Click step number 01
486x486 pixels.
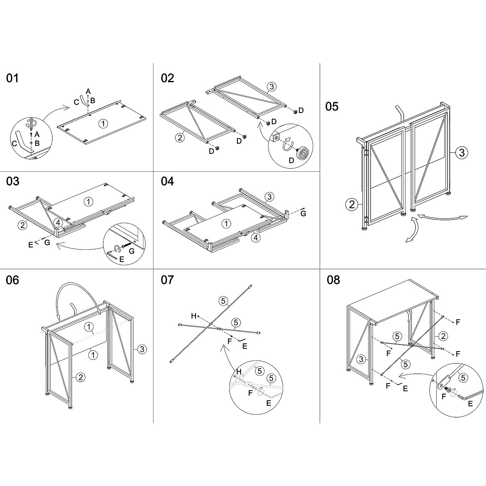pyautogui.click(x=13, y=78)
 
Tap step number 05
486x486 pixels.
pyautogui.click(x=332, y=107)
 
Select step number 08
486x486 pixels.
pyautogui.click(x=333, y=280)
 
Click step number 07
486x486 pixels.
pyautogui.click(x=167, y=280)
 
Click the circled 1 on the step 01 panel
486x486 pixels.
pyautogui.click(x=103, y=124)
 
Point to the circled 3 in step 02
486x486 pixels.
pyautogui.click(x=271, y=86)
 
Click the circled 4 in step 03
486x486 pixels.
pyautogui.click(x=58, y=222)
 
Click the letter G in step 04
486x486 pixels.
pyautogui.click(x=303, y=213)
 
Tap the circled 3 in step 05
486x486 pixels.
pyautogui.click(x=461, y=153)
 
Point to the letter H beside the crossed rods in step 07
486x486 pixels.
pyautogui.click(x=194, y=315)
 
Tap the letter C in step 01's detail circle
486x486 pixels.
pyautogui.click(x=15, y=143)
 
